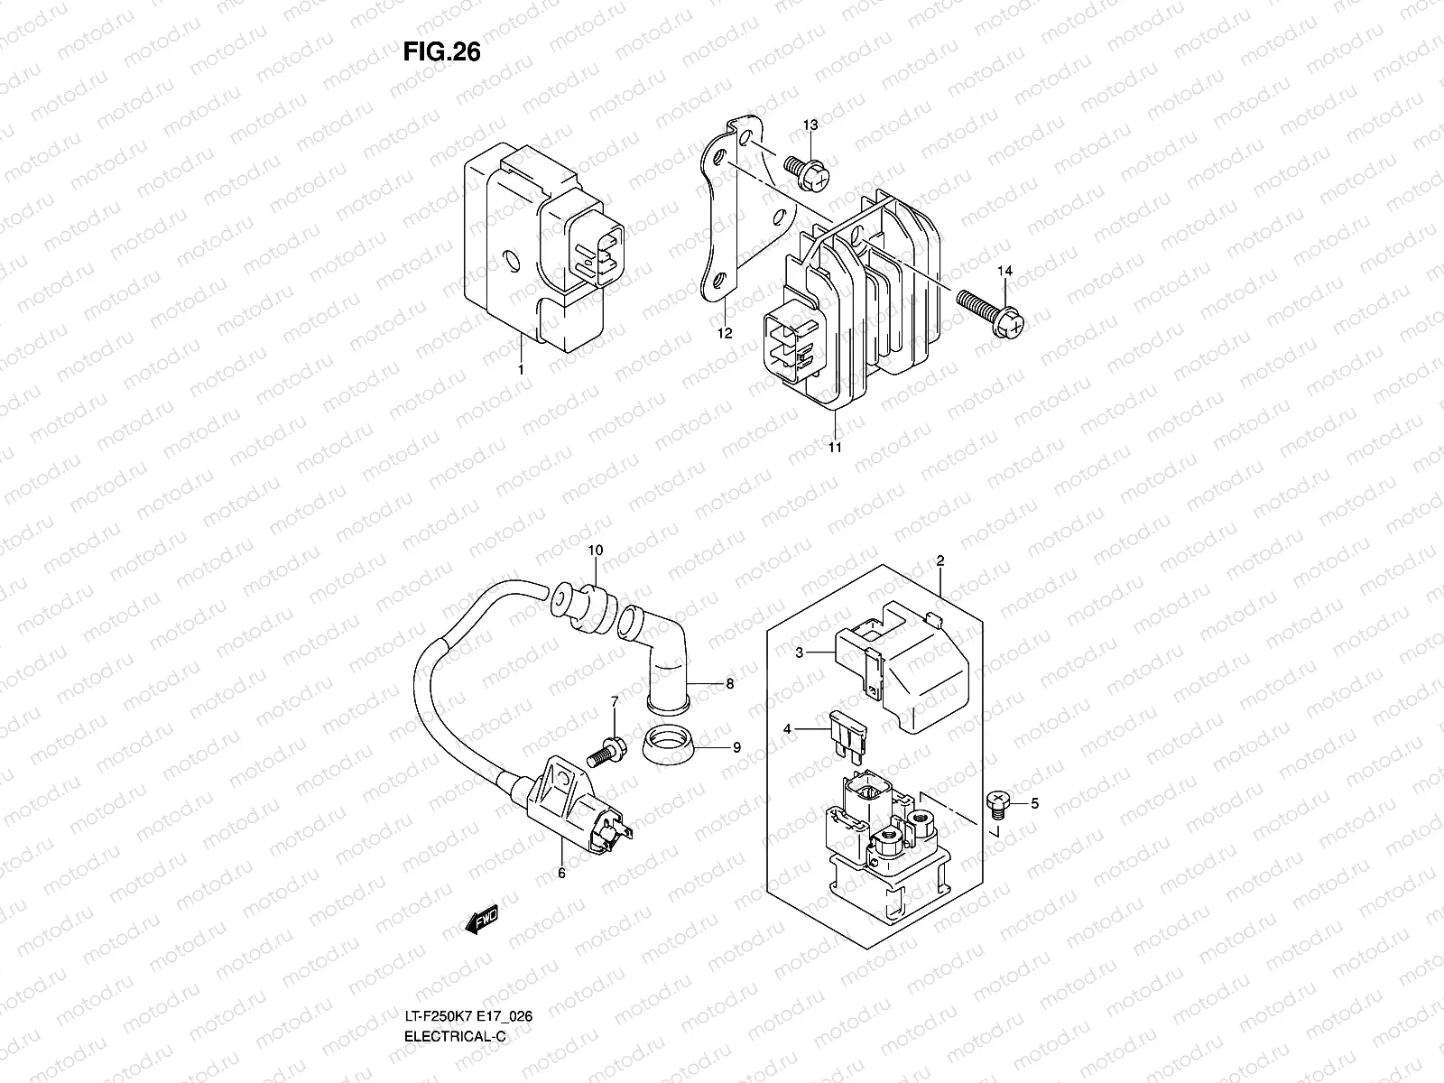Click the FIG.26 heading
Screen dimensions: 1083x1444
441,53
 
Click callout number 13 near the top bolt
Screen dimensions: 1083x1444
810,124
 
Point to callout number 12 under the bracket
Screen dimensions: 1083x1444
725,333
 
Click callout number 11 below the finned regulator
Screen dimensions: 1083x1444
835,448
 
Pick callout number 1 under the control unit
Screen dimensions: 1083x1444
521,369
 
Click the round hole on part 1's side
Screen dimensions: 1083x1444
513,261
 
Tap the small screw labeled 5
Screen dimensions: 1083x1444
998,798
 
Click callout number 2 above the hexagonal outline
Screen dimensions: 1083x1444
940,560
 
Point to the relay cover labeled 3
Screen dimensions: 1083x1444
902,668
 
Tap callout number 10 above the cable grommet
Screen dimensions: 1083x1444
595,550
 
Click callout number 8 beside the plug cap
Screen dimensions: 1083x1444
729,684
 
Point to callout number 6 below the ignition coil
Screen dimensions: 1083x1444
560,873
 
